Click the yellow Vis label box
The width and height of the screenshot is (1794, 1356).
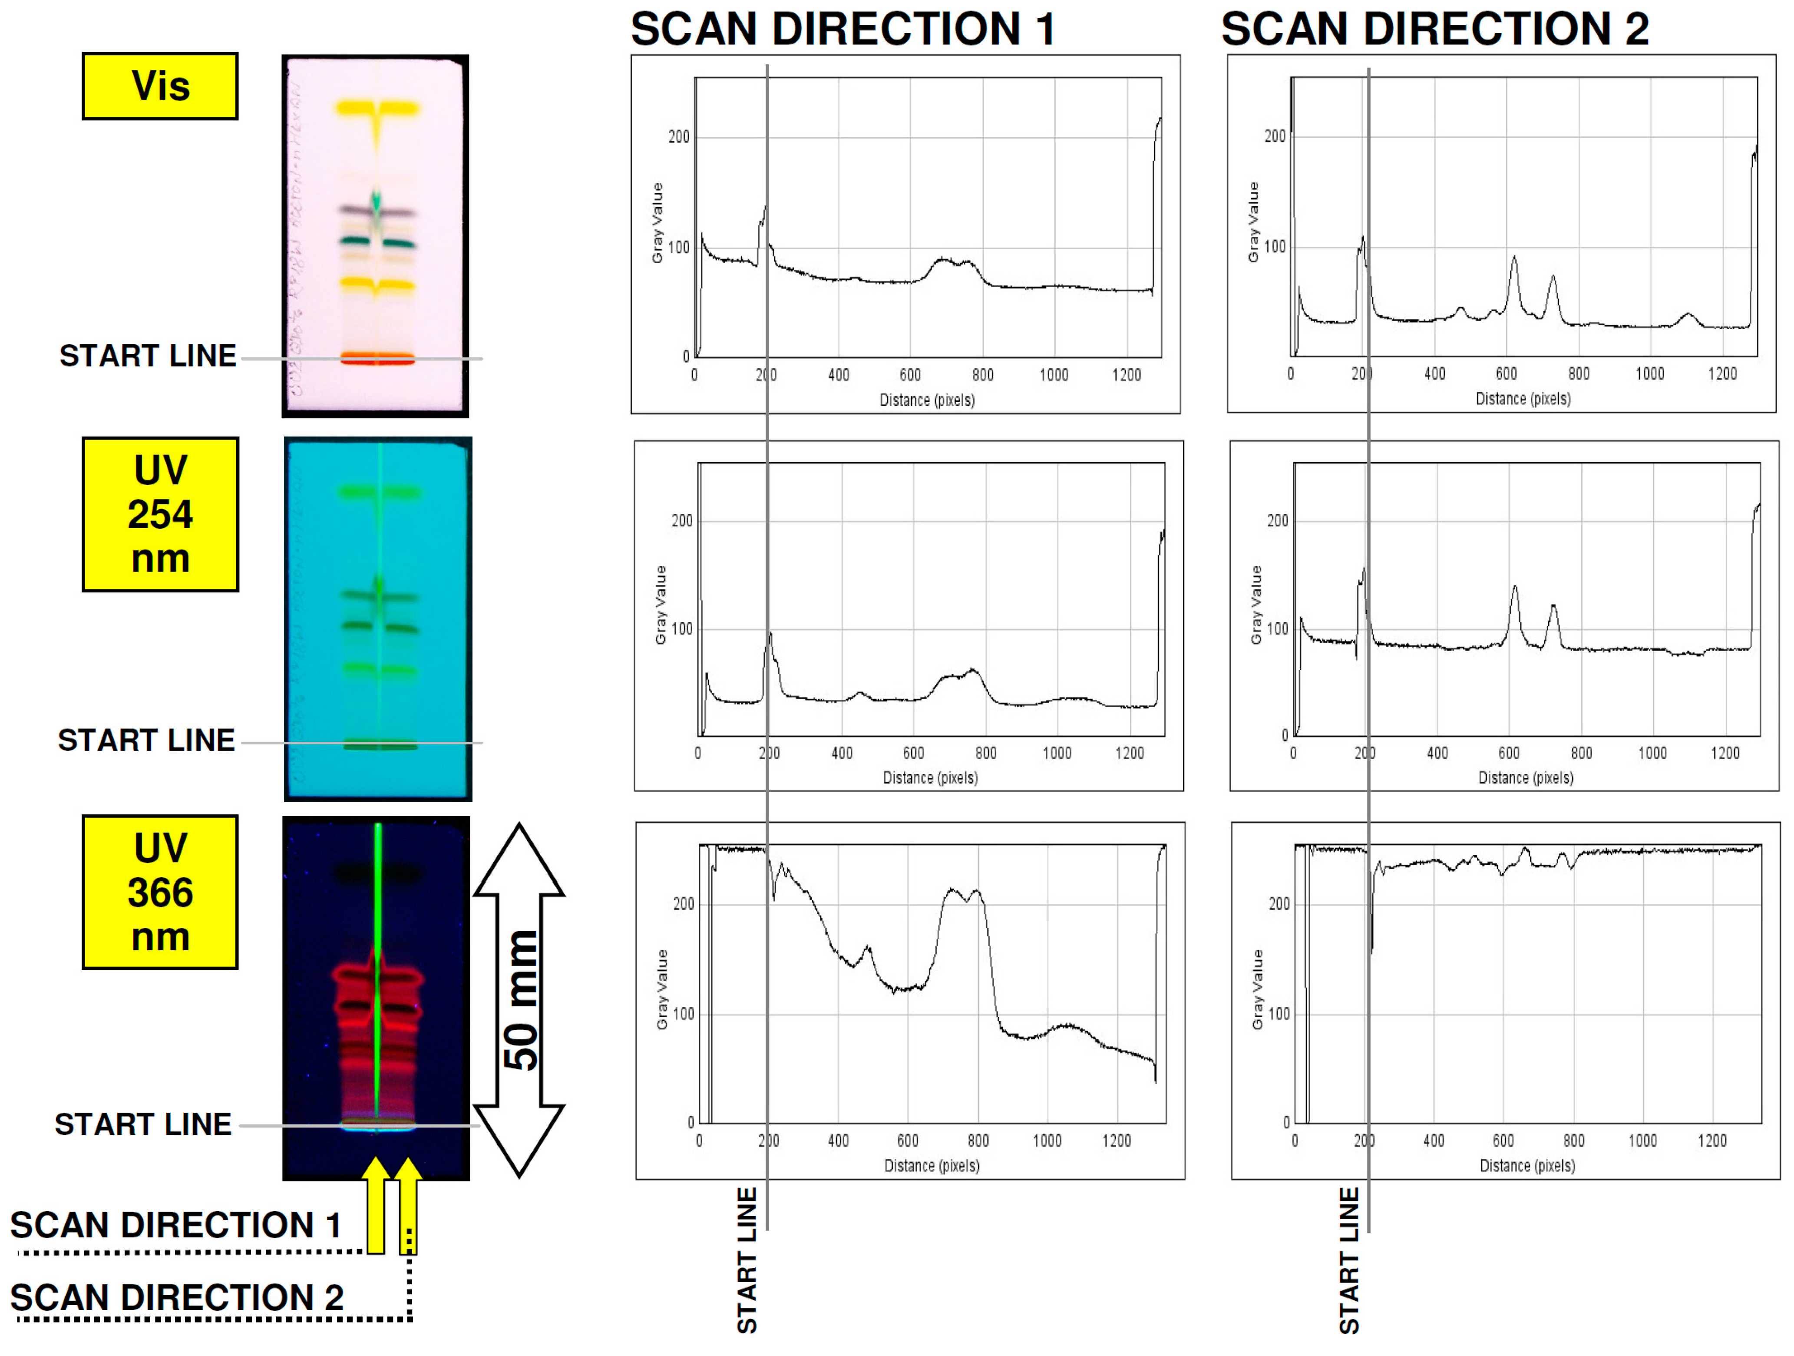(160, 86)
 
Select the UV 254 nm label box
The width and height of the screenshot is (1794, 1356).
(160, 514)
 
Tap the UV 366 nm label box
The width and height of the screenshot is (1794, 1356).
(160, 892)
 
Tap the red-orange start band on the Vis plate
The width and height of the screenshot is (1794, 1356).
(377, 358)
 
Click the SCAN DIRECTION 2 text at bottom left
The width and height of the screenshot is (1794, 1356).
(177, 1298)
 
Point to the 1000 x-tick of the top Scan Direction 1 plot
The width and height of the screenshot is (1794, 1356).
(1054, 375)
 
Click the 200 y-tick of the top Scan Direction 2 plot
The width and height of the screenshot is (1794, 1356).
(1275, 136)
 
